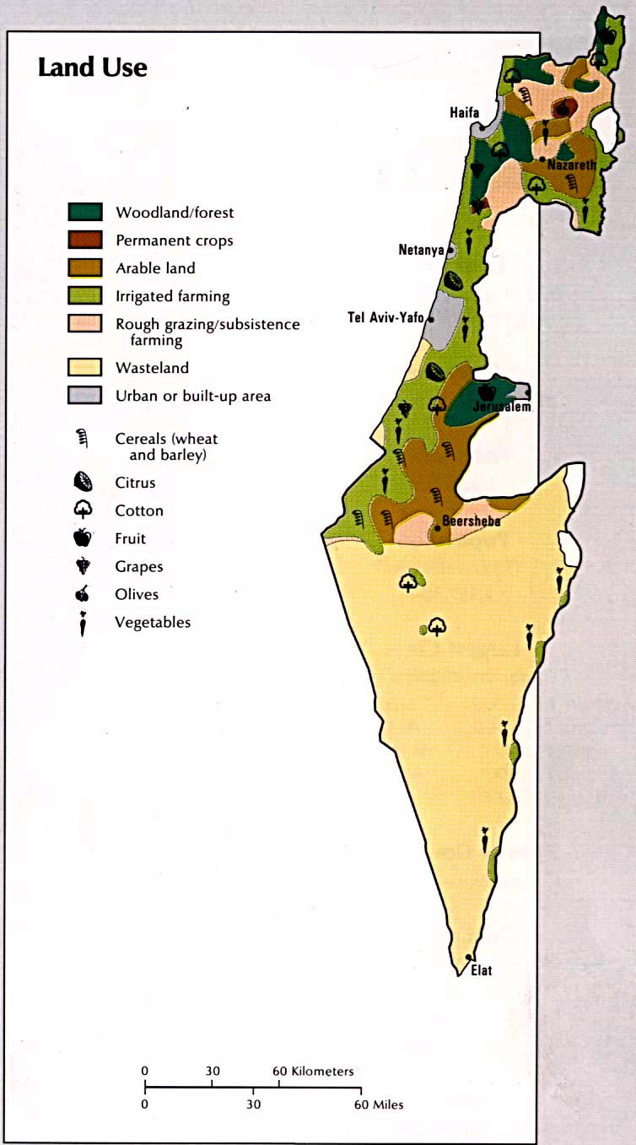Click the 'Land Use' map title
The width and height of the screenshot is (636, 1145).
[x=93, y=68]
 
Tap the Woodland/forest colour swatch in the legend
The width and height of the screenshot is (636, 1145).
[x=84, y=212]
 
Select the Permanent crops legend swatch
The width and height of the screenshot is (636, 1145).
[x=84, y=240]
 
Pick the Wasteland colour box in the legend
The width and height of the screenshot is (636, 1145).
[x=84, y=367]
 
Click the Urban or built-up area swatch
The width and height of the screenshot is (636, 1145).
[x=84, y=395]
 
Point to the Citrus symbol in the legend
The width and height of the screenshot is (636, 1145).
[x=83, y=483]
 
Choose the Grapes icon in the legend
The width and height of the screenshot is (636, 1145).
[x=83, y=566]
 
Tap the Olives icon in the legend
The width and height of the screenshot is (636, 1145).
[x=83, y=594]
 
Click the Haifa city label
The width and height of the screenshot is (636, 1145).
[x=464, y=111]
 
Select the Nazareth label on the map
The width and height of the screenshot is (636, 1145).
[x=571, y=165]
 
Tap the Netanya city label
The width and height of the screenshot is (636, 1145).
[x=420, y=250]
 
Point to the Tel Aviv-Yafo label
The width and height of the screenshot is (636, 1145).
[x=385, y=317]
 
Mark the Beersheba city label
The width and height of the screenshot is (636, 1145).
[x=472, y=521]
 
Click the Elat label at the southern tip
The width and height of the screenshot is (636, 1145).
[x=481, y=970]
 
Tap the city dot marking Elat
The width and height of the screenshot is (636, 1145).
[x=469, y=957]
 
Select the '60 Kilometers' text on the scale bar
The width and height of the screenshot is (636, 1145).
[x=313, y=1072]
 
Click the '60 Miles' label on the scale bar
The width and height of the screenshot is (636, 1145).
[x=379, y=1104]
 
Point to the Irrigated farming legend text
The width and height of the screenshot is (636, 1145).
[x=172, y=296]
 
